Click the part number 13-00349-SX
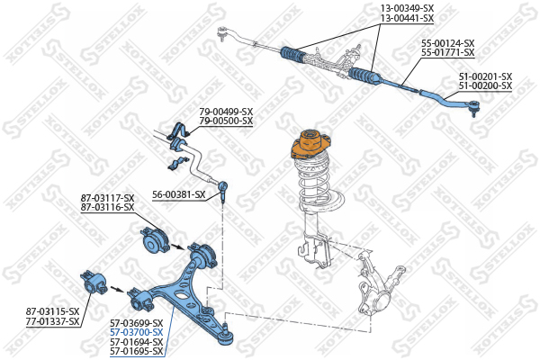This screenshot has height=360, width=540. [407, 8]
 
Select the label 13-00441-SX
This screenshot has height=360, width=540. [407, 18]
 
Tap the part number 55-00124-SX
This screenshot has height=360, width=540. [448, 43]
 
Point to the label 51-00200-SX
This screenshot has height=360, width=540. [485, 85]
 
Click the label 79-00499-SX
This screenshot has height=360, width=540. [226, 112]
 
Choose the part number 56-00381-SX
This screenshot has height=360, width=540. [179, 195]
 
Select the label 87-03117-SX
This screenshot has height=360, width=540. [107, 198]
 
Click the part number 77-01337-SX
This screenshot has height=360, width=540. [53, 321]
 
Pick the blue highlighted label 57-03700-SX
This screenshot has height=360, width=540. [137, 332]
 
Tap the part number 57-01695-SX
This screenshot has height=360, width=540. [137, 351]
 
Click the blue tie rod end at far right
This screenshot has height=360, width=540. [451, 101]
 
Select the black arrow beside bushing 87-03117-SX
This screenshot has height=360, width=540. [178, 247]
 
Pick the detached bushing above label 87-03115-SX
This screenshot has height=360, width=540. [94, 282]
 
